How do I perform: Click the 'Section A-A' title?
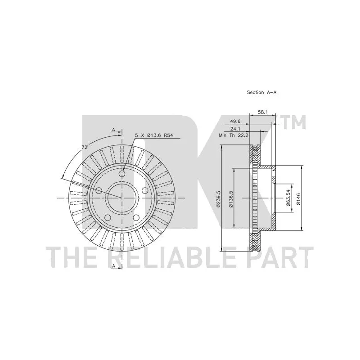(261, 92)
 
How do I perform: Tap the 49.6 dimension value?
(235, 121)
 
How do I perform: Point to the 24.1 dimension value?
(235, 129)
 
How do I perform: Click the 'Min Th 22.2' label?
(234, 135)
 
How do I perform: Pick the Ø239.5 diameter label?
(218, 199)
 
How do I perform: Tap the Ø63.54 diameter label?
(288, 198)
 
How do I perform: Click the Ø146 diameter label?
(298, 199)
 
